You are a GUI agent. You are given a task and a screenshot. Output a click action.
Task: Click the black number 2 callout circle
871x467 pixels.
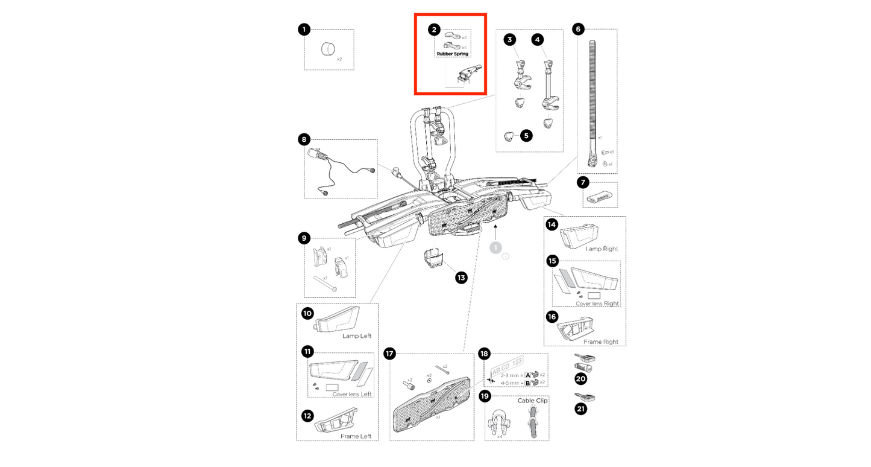click(x=434, y=29)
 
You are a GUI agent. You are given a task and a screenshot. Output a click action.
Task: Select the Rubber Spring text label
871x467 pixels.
click(x=452, y=54)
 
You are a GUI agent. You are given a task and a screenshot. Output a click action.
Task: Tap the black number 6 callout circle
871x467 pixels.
click(x=578, y=29)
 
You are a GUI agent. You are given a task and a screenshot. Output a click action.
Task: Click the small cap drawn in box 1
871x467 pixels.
click(x=329, y=48)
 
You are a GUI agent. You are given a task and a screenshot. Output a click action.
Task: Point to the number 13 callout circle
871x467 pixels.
click(x=461, y=278)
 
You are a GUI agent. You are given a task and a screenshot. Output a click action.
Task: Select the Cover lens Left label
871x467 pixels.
click(x=353, y=394)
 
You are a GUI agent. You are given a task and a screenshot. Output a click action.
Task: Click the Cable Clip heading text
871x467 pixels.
click(x=532, y=400)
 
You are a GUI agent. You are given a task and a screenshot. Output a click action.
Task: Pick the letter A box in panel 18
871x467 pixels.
click(x=527, y=375)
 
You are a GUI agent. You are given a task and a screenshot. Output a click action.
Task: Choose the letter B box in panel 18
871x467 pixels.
click(x=527, y=383)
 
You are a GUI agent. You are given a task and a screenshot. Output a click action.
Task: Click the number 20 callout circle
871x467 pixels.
click(x=580, y=379)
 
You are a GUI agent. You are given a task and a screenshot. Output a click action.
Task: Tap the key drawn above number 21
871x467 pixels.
click(x=585, y=396)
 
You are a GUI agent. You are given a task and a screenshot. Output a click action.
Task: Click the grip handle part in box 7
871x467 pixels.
click(x=600, y=197)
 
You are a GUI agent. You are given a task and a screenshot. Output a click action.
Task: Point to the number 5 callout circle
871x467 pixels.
click(x=526, y=135)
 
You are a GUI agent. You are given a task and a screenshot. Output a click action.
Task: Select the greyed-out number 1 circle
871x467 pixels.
click(x=495, y=247)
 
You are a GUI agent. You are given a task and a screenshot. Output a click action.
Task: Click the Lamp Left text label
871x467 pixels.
click(x=357, y=335)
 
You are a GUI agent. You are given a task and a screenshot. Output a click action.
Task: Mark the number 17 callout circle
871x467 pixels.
click(x=389, y=353)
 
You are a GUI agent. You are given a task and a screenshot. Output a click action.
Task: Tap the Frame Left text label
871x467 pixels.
click(x=356, y=436)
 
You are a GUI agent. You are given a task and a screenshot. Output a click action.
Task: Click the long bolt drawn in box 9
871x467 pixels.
click(x=324, y=283)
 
